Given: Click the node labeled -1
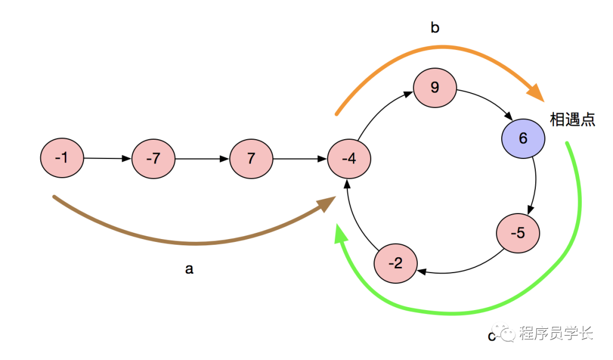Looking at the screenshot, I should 62,158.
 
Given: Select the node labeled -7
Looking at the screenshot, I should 153,158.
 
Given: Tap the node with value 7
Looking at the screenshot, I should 251,158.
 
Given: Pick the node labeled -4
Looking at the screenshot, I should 349,158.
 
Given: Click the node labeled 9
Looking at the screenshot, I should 435,88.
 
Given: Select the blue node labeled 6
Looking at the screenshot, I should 523,139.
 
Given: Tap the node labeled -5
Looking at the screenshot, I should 518,233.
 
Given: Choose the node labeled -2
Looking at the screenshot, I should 396,263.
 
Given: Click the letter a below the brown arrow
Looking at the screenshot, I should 189,269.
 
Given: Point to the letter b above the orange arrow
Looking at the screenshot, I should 435,28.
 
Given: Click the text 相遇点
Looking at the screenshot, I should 573,120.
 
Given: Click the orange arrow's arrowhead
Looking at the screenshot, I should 535,93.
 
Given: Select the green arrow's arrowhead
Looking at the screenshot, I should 341,233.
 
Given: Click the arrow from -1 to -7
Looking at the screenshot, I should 108,158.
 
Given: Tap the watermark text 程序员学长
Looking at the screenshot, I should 556,333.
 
